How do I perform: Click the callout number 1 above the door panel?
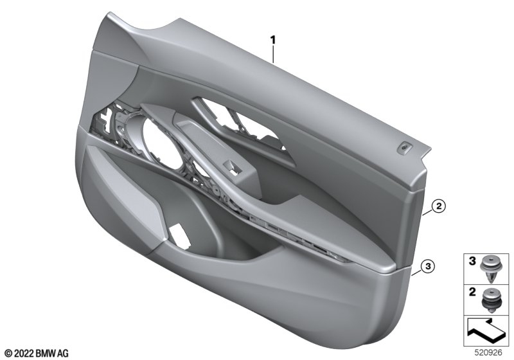[x=272, y=40]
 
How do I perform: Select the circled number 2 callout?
[x=439, y=206]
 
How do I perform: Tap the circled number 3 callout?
[x=428, y=267]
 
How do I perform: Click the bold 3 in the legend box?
[x=472, y=261]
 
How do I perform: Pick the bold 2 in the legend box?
[x=472, y=292]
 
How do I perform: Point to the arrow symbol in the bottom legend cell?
[x=486, y=331]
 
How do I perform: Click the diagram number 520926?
[x=488, y=353]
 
